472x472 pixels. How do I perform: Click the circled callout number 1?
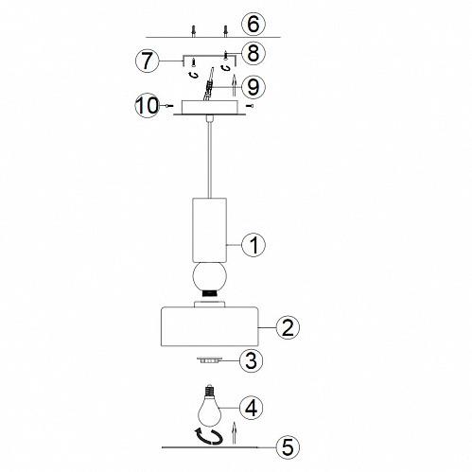[x=253, y=245]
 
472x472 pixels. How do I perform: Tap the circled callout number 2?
[x=288, y=327]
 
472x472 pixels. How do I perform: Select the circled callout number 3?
[x=251, y=360]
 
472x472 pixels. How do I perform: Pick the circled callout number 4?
[x=252, y=408]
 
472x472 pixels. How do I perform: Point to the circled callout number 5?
[x=288, y=446]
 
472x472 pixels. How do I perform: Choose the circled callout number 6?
[x=253, y=24]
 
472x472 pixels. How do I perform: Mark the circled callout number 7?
[x=148, y=61]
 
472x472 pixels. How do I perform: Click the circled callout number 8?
[x=253, y=53]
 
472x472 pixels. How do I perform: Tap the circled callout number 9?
[x=253, y=87]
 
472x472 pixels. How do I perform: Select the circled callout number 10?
[x=148, y=106]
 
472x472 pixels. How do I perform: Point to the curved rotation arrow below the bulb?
[x=209, y=436]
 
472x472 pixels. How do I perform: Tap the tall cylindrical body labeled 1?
[x=209, y=230]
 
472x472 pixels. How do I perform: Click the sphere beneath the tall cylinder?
[x=210, y=276]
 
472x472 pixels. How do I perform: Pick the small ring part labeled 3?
[x=209, y=359]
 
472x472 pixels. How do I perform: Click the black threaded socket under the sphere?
[x=210, y=293]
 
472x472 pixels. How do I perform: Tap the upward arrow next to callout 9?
[x=234, y=85]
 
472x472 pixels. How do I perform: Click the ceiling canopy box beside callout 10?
[x=209, y=107]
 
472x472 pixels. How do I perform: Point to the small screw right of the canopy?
[x=252, y=106]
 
